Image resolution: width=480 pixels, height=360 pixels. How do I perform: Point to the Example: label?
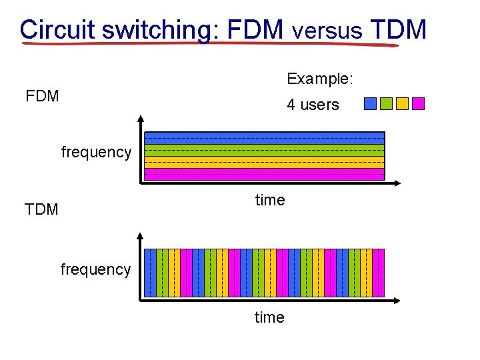pos(320,79)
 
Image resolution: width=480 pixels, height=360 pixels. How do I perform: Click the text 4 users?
pos(313,105)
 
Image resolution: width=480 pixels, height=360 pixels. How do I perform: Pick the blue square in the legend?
pos(370,104)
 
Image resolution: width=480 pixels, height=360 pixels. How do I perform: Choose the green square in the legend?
pos(386,104)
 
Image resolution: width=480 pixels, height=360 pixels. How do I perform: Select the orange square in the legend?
pos(402,104)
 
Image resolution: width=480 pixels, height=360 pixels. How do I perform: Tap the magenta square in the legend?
pos(418,104)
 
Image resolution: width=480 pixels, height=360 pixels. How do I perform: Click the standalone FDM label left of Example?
pos(42,96)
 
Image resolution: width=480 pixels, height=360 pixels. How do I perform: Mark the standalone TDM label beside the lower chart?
pos(41,209)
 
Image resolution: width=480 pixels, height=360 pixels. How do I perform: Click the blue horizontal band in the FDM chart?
pos(265,138)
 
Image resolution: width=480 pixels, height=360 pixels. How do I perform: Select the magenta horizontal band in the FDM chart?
pos(265,174)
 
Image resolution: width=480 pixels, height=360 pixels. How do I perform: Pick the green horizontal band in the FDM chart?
pos(265,150)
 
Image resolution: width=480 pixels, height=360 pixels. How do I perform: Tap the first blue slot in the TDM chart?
pos(151,273)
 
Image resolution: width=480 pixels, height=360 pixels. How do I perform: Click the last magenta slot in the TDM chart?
pos(379,273)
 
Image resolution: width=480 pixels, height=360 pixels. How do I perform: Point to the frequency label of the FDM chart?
pos(96,152)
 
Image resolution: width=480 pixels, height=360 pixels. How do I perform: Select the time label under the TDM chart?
pos(269,317)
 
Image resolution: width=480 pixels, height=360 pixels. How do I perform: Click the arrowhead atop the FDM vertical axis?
pos(141,119)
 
